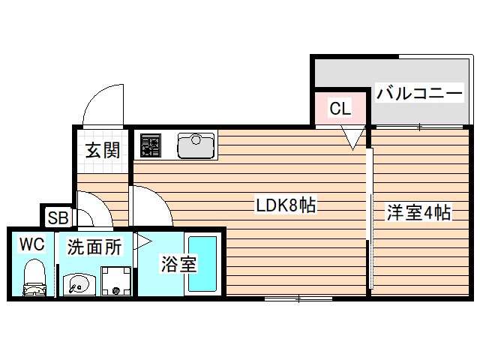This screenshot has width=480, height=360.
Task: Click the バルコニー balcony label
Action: tap(419, 94)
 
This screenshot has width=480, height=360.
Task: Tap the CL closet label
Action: tap(340, 108)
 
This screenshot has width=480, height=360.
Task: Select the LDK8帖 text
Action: tap(285, 205)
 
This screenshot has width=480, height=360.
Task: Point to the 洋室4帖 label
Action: tap(418, 213)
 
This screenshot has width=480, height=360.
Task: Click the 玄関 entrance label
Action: tap(102, 150)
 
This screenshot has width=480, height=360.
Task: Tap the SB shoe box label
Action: tap(57, 218)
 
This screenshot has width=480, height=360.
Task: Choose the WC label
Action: tap(31, 244)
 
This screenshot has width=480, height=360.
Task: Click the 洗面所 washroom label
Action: tap(94, 247)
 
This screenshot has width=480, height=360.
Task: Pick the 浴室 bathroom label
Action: tap(178, 264)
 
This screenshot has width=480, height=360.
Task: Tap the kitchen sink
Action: tap(196, 145)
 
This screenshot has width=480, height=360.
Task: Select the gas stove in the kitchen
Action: tap(151, 145)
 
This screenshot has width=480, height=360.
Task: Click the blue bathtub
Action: tap(202, 264)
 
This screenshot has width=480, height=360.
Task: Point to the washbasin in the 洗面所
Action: tap(78, 283)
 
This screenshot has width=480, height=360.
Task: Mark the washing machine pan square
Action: tap(115, 281)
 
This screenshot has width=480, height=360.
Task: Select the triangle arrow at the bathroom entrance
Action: tap(142, 241)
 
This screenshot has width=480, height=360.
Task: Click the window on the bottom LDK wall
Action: tap(298, 298)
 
